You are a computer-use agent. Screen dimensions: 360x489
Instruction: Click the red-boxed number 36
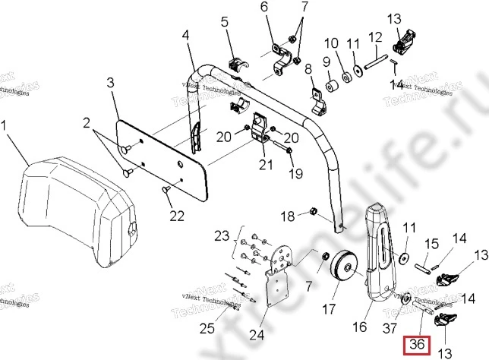click(416, 343)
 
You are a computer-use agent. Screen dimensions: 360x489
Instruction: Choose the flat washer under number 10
click(346, 75)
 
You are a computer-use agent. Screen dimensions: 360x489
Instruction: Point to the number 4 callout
click(187, 36)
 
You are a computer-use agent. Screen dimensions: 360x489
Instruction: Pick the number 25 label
click(207, 329)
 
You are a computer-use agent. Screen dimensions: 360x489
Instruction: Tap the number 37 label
click(390, 327)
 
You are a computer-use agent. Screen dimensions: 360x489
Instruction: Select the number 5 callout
click(225, 23)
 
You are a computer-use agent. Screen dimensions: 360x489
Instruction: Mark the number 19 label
click(295, 174)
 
